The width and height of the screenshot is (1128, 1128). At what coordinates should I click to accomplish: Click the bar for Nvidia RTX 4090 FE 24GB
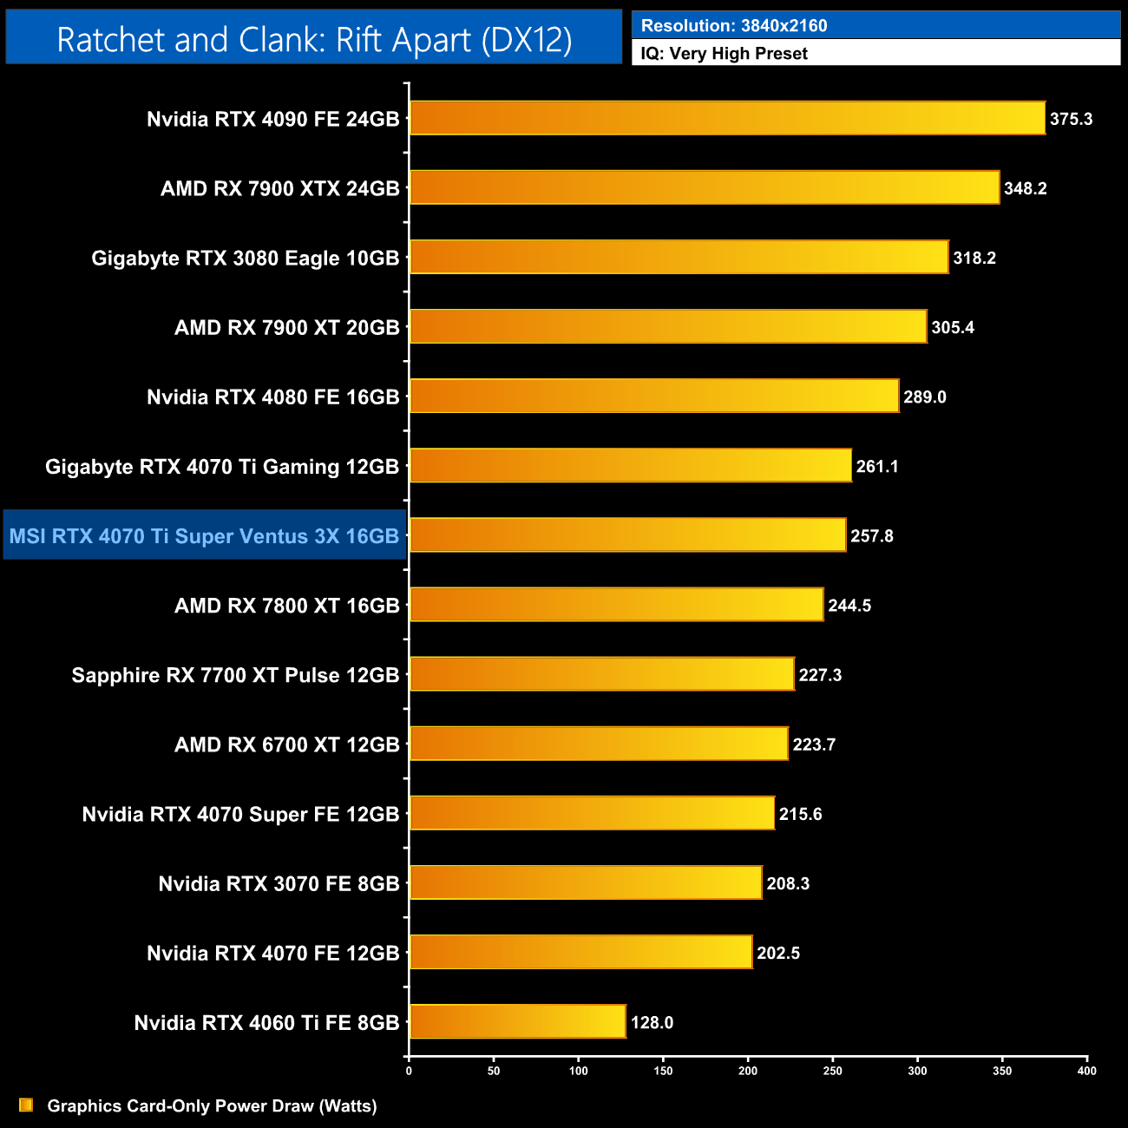pos(727,118)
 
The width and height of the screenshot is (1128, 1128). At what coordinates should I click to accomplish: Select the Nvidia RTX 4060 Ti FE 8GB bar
pos(517,1021)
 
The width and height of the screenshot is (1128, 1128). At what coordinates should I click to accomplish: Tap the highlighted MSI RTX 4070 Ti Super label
pos(204,536)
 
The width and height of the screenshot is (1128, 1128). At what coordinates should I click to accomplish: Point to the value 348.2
pos(1025,188)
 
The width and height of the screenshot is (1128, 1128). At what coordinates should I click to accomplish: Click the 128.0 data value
pos(652,1022)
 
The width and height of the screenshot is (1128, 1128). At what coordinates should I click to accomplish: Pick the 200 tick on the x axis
pos(748,1071)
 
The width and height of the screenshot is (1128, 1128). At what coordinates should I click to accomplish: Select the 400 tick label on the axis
pos(1086,1071)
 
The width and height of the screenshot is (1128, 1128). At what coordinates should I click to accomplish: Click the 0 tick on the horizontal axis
pos(409,1071)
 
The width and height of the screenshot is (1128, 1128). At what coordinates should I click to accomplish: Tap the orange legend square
pos(26,1105)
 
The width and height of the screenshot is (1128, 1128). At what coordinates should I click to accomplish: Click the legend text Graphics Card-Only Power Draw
pos(212,1105)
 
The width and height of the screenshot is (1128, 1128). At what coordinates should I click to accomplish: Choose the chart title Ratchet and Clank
pos(314,39)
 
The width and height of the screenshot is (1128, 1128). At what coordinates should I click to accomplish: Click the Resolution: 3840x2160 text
pos(733,25)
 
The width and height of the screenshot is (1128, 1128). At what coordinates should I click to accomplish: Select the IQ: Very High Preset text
pos(724,54)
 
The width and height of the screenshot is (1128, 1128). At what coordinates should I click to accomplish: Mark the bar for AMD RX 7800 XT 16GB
pos(616,605)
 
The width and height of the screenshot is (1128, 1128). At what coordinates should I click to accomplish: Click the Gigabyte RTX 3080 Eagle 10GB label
pos(245,259)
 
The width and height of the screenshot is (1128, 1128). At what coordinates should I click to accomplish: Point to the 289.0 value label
pos(924,397)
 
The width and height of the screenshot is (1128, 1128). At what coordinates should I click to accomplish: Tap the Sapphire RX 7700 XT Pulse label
pos(235,675)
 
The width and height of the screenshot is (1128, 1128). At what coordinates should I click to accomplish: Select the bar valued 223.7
pos(599,744)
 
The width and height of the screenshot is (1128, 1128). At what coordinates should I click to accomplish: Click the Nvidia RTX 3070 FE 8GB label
pos(279,883)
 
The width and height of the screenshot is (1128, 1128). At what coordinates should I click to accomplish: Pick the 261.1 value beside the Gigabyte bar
pos(876,466)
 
